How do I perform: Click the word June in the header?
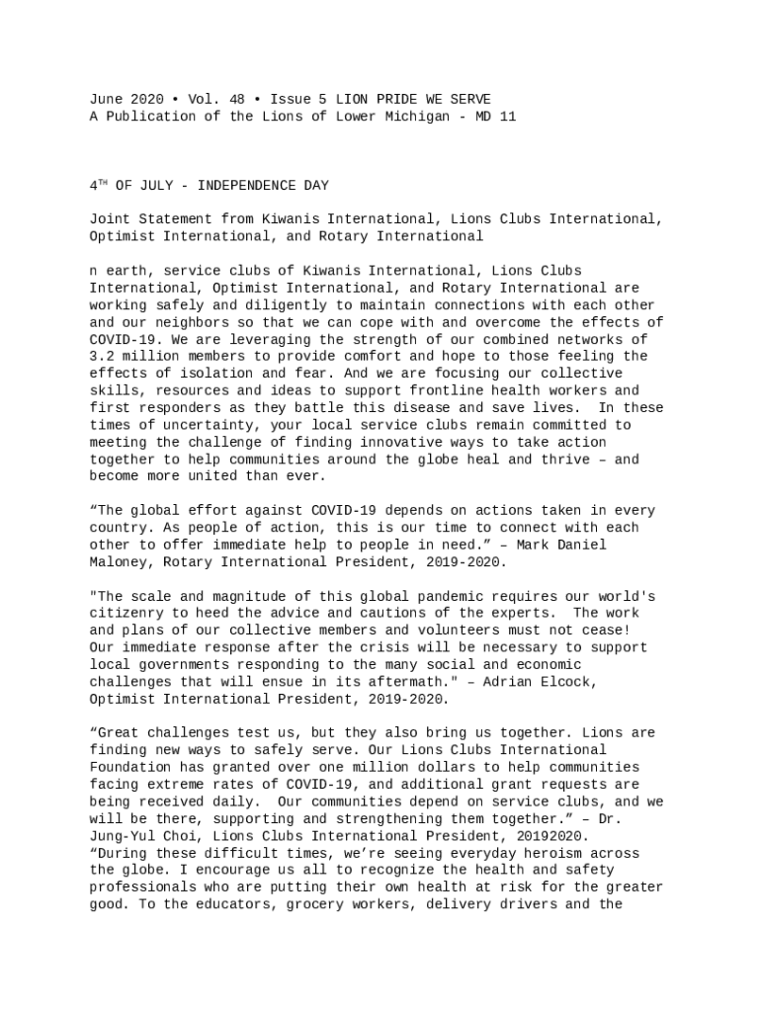(106, 100)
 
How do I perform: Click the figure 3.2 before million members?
(102, 357)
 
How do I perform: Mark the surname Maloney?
(119, 562)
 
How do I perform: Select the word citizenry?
(127, 614)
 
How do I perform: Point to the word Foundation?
(130, 768)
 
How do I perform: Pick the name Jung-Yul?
(123, 836)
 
